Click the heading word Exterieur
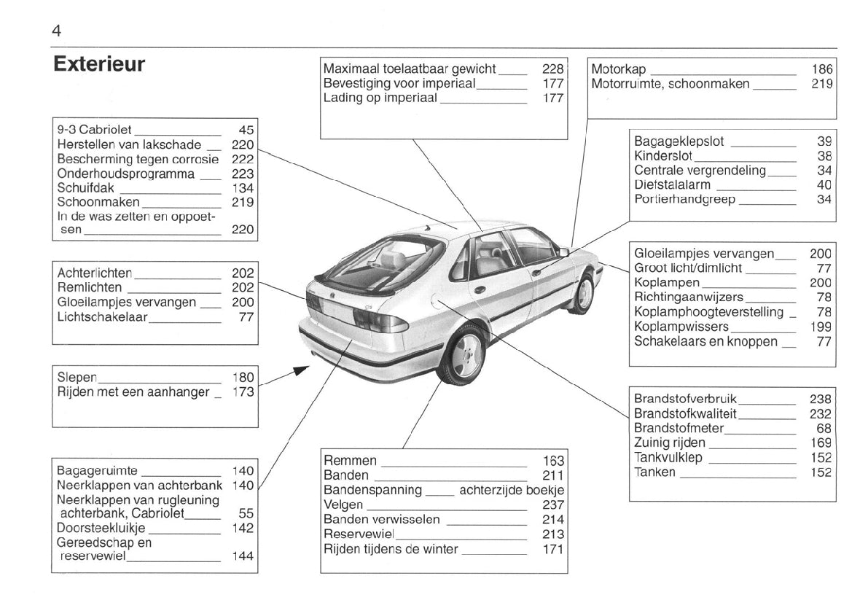coord(99,64)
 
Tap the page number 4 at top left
coord(56,31)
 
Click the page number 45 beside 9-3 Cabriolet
coord(246,130)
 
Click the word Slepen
coord(77,377)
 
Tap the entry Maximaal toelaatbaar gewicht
coord(409,69)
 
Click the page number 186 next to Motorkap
coord(821,69)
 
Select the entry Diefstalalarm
coord(672,185)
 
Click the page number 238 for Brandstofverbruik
coord(820,399)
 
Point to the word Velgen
coord(344,504)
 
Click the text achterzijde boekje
coord(512,490)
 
